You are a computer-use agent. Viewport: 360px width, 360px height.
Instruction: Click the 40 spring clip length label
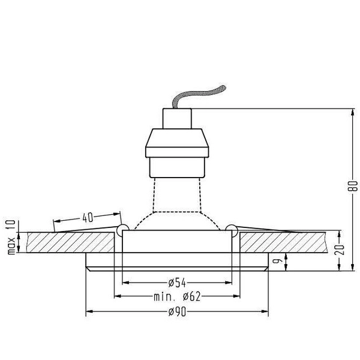click(88, 218)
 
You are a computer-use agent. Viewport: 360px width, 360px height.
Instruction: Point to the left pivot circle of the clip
click(122, 229)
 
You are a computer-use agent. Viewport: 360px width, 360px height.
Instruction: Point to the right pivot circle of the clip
click(232, 229)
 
